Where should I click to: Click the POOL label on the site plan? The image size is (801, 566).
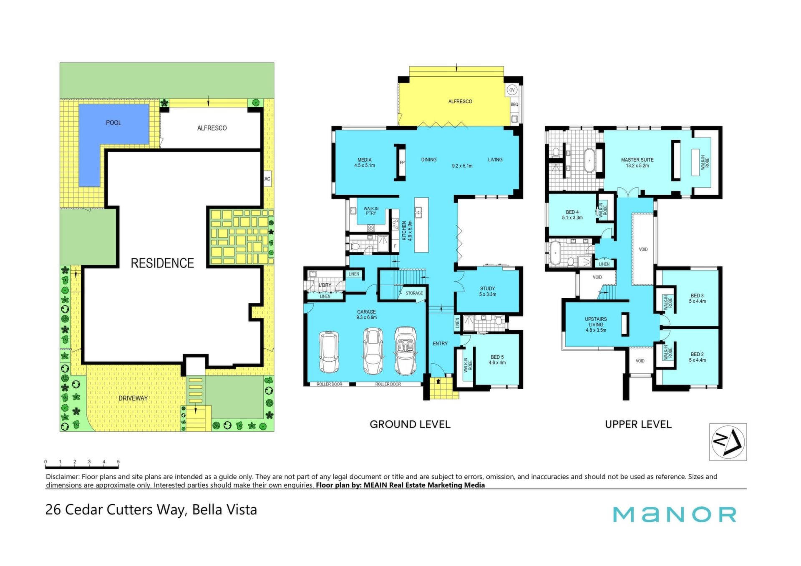113,123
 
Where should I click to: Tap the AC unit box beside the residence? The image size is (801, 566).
267,179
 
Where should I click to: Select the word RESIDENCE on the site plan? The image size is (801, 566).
162,263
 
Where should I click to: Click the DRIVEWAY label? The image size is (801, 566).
133,398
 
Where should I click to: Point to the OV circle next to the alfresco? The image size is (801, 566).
512,90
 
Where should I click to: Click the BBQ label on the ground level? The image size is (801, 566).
514,104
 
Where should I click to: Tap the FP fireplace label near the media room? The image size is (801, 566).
402,163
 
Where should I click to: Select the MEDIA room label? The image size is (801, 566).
364,160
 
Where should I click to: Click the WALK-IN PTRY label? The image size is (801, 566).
370,211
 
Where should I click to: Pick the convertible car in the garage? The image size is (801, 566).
405,351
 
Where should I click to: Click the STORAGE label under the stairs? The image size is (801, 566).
414,293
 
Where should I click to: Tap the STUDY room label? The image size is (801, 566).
487,289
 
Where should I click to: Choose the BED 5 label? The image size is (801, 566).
497,357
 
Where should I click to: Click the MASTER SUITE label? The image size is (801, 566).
637,160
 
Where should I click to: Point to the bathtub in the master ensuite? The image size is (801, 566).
589,160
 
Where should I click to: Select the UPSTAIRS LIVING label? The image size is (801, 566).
596,322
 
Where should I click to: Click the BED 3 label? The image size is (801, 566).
697,296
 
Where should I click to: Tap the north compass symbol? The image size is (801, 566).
728,442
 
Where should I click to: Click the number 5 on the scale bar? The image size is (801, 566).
118,462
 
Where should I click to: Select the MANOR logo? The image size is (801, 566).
674,515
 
